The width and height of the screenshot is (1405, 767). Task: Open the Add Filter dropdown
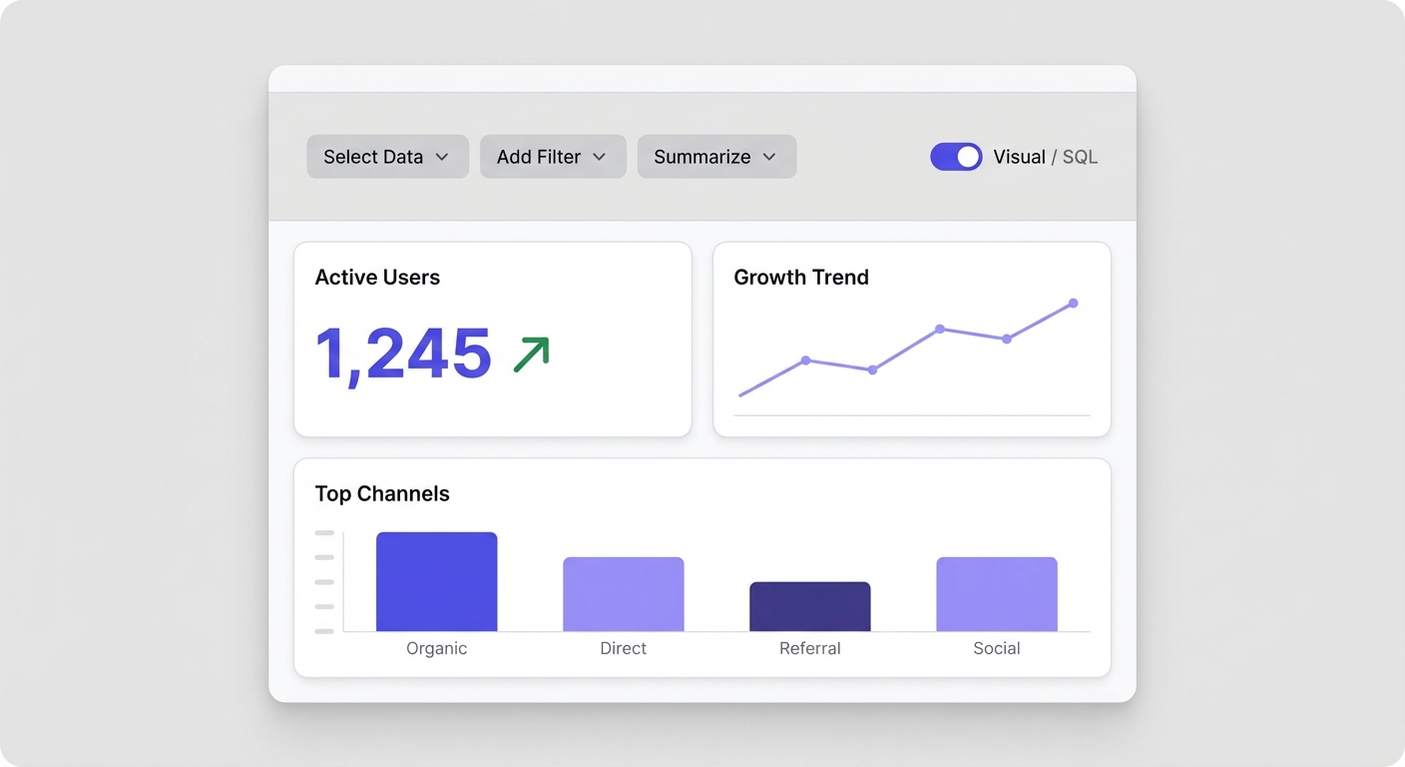[x=553, y=157]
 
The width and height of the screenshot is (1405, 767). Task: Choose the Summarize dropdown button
[x=716, y=157]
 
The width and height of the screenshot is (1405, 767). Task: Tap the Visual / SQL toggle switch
[x=956, y=157]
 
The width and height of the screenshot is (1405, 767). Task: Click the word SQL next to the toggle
[x=1080, y=157]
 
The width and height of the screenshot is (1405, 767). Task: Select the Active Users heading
[x=377, y=278]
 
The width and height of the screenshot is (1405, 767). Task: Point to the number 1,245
[x=403, y=354]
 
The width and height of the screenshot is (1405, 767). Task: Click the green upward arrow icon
[x=532, y=355]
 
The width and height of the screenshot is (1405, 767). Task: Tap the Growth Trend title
[x=801, y=278]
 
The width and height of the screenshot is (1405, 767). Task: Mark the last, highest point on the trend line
[x=1074, y=303]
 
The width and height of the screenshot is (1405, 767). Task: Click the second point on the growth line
[x=805, y=360]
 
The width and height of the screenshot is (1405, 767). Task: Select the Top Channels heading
[x=382, y=493]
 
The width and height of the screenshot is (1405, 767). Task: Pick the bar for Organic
[x=436, y=582]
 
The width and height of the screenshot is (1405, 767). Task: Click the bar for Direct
[x=624, y=594]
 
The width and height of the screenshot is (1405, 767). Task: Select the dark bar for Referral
[x=810, y=607]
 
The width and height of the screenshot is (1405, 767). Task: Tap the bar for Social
[x=997, y=594]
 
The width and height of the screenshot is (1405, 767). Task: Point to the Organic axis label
[x=436, y=648]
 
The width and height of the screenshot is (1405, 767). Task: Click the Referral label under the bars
[x=810, y=648]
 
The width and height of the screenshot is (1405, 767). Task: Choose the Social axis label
[x=997, y=648]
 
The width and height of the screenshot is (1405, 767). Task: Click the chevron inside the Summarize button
[x=769, y=157]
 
